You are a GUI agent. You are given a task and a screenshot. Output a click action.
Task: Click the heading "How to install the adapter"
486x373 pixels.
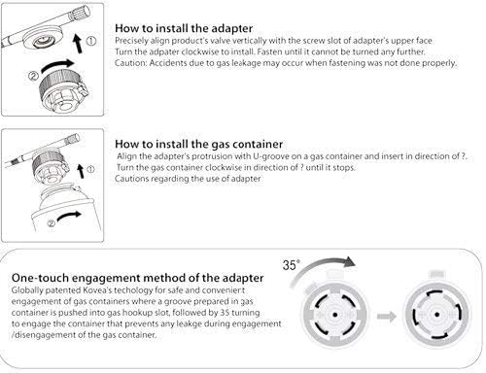pos(184,28)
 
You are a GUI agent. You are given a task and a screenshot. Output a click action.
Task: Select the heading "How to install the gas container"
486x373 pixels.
pos(198,144)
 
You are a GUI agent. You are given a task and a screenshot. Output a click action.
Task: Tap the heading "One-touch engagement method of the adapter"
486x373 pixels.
pos(138,278)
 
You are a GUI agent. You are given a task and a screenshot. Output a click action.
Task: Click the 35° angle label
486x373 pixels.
pos(291,265)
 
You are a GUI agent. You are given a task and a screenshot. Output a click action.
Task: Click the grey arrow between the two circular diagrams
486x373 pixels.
pos(387,316)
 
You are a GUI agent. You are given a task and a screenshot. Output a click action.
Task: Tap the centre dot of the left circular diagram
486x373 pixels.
pos(335,315)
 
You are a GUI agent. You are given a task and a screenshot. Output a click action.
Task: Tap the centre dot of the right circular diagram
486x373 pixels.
pos(436,315)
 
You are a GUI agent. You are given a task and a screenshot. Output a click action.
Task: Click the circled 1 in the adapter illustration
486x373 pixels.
pos(91,41)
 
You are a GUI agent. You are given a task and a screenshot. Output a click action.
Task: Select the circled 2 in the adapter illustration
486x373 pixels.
pos(33,76)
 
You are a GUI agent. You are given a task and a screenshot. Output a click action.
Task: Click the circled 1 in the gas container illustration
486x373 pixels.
pos(90,169)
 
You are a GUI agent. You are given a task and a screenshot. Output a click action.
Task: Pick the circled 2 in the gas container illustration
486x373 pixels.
pos(51,223)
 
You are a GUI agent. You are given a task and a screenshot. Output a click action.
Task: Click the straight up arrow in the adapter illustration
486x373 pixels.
pos(78,44)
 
